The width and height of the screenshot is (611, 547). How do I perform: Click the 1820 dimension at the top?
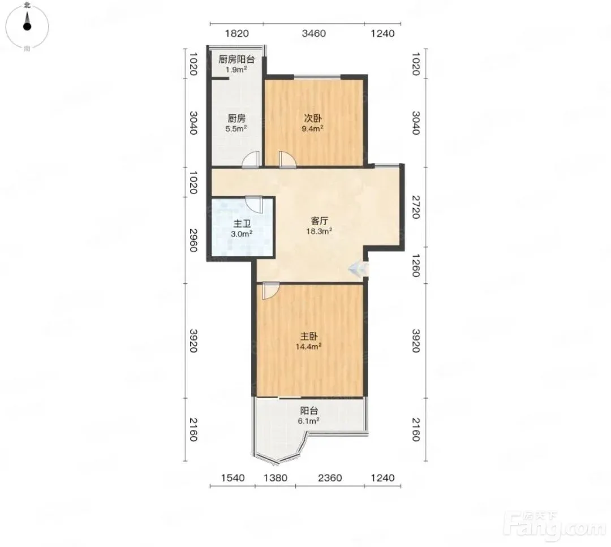point(237,33)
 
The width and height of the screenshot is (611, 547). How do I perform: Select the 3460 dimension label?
point(313,33)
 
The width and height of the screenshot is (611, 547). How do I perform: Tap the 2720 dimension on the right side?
point(416,207)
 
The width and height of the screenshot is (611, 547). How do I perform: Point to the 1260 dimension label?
point(416,265)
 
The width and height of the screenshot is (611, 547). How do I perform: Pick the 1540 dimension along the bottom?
point(233,477)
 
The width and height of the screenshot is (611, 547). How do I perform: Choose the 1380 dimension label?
point(276,477)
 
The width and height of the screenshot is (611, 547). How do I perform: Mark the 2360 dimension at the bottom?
point(330,477)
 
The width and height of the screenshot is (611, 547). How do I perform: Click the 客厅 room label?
point(319,221)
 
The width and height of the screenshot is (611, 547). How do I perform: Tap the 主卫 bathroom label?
point(242,223)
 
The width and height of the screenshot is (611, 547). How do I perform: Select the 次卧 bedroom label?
point(313,118)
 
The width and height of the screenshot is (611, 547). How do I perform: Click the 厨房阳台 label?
point(236,59)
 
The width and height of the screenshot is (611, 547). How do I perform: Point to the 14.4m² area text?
point(309,346)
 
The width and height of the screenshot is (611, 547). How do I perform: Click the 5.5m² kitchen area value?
point(236,128)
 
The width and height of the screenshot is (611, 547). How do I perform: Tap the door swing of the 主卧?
point(270,291)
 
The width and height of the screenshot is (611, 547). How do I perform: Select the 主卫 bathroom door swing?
point(254,204)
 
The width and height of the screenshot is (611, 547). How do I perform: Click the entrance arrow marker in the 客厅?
point(357,269)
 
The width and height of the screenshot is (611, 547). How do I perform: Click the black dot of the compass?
point(27,27)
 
